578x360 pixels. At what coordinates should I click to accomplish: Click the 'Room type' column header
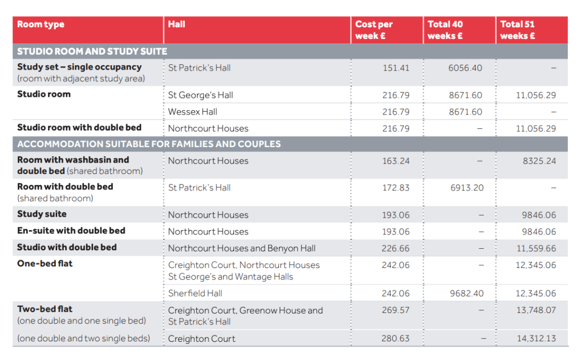click(41, 24)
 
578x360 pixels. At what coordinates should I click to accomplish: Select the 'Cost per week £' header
click(374, 30)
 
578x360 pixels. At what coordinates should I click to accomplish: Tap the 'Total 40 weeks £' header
click(445, 30)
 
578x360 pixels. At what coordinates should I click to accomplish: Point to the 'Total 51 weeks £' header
click(518, 30)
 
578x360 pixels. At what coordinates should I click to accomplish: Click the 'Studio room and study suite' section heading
click(92, 51)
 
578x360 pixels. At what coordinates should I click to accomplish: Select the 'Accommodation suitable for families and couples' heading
click(149, 144)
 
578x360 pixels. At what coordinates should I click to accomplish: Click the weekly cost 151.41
click(396, 68)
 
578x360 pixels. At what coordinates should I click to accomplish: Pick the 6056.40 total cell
click(465, 68)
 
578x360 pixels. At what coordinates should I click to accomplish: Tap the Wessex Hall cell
click(193, 112)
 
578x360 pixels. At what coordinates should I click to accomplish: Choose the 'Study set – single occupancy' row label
click(79, 67)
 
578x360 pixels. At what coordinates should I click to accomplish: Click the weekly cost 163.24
click(396, 161)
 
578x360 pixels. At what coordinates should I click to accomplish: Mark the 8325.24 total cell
click(539, 161)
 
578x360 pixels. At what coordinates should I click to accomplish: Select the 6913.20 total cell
click(467, 188)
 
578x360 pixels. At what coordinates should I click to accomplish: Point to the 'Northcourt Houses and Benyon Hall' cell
click(242, 248)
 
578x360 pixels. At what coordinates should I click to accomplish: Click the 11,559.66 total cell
click(536, 249)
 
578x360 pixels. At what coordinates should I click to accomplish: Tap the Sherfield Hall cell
click(195, 293)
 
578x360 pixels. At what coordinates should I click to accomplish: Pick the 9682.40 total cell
click(467, 293)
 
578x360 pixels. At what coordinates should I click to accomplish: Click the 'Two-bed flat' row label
click(44, 309)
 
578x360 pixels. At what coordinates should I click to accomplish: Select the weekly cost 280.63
click(396, 338)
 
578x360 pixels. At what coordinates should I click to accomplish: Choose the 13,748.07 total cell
click(536, 310)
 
